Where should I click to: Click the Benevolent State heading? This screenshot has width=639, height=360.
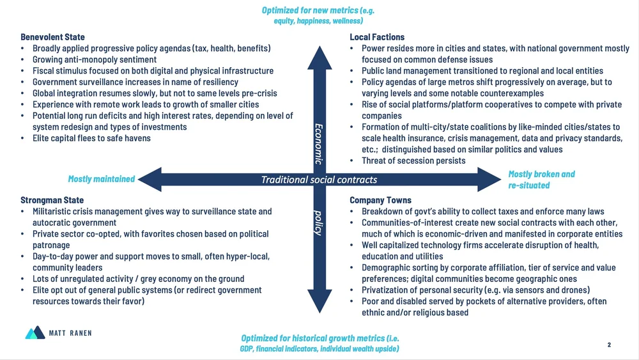tap(52, 37)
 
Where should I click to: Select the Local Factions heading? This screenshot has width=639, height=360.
tap(377, 37)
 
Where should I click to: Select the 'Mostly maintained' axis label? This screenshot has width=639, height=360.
tap(101, 179)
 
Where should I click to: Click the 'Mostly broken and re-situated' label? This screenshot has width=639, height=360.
tap(541, 179)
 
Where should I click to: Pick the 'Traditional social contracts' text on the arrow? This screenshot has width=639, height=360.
tap(319, 180)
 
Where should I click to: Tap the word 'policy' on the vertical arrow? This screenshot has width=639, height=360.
tap(318, 221)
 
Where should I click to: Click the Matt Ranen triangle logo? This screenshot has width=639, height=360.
tap(35, 333)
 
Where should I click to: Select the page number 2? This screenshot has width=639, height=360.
tap(609, 345)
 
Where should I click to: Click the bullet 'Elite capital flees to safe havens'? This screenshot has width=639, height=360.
tap(96, 138)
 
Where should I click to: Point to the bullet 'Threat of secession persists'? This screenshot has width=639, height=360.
tap(413, 160)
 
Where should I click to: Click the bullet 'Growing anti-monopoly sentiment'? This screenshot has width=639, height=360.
tap(94, 59)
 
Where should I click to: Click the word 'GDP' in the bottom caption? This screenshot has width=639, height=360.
tap(239, 348)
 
